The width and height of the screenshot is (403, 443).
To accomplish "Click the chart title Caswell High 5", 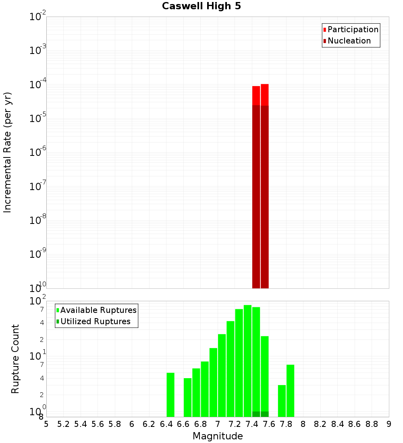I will [201, 6].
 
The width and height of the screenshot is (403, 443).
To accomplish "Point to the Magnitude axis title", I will [218, 436].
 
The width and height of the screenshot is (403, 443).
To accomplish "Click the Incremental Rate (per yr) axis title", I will [8, 153].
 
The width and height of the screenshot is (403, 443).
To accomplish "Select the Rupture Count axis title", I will [15, 359].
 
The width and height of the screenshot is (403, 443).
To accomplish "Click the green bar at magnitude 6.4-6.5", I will [170, 395].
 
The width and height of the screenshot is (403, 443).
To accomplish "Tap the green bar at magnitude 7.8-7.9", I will [290, 391].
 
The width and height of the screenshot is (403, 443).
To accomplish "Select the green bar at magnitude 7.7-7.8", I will [282, 401].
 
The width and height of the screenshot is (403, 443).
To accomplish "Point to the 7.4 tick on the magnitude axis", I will [252, 424].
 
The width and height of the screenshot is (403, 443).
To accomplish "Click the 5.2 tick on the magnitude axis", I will [63, 424].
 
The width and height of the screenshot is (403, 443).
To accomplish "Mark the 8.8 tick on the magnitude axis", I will [372, 424].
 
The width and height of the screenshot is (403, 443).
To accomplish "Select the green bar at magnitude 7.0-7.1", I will [222, 375].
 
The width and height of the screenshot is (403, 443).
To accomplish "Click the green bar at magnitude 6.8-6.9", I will [205, 389].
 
